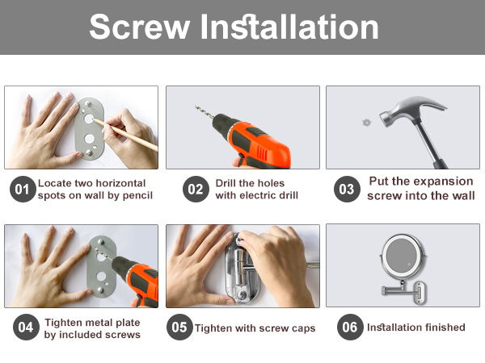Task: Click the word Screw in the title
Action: pyautogui.click(x=140, y=27)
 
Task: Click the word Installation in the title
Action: pyautogui.click(x=289, y=27)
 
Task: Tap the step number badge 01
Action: pyautogui.click(x=23, y=190)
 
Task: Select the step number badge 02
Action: pyautogui.click(x=196, y=190)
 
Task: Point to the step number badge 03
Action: pyautogui.click(x=347, y=190)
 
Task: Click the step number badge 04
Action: pyautogui.click(x=26, y=328)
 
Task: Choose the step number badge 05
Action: pyautogui.click(x=179, y=328)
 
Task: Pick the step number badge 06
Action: pyautogui.click(x=350, y=328)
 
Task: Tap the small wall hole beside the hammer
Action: pyautogui.click(x=366, y=123)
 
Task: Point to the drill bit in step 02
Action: pyautogui.click(x=205, y=112)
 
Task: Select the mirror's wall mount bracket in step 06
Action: pyautogui.click(x=420, y=293)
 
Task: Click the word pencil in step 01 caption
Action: pyautogui.click(x=138, y=196)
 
